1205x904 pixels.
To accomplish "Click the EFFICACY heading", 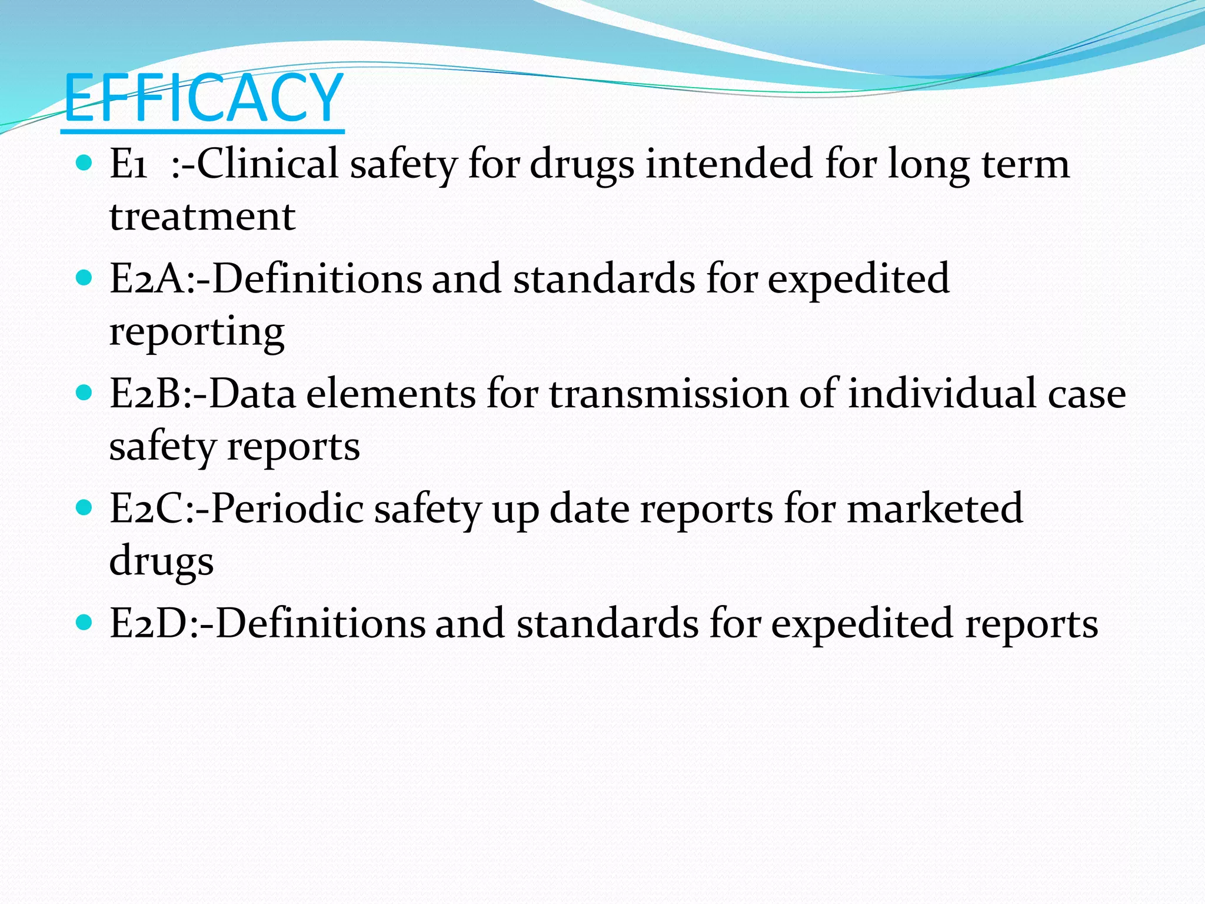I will coord(203,98).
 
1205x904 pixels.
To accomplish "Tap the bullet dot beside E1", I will coord(85,162).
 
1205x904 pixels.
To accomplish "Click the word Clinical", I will coord(268,163).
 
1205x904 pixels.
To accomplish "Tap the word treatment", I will coord(202,216).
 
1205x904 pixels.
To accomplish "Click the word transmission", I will coord(668,394).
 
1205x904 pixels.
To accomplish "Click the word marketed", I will coord(934,508).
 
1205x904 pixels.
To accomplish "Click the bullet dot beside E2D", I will coord(85,622).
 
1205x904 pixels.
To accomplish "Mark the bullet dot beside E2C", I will coord(85,507).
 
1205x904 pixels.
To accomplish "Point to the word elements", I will coord(391,394).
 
